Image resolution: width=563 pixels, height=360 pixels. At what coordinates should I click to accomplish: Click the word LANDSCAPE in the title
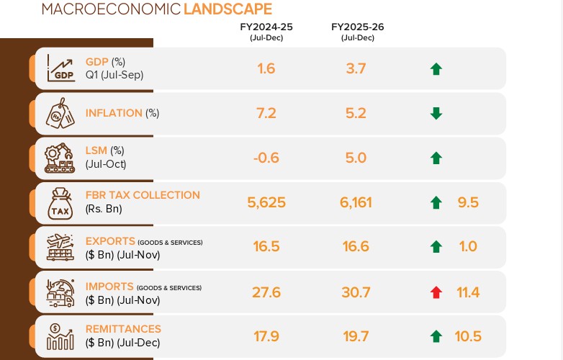coord(228,9)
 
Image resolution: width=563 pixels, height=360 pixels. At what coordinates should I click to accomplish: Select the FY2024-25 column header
coord(266,27)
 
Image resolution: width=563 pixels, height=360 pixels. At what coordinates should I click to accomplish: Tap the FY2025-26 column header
coord(357,27)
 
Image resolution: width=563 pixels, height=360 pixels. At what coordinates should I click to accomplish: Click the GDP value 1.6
coord(266,68)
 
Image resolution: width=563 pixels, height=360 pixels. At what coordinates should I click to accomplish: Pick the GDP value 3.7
coord(356,68)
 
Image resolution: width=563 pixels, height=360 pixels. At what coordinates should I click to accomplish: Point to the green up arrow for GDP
coord(436,69)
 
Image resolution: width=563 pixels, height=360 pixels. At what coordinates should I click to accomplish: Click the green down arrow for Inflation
coord(436,113)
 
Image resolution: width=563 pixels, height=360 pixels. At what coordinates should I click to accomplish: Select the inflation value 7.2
coord(266,113)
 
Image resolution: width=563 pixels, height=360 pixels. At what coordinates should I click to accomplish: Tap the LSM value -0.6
coord(266,158)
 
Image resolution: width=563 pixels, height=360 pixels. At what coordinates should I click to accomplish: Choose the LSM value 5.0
coord(356,158)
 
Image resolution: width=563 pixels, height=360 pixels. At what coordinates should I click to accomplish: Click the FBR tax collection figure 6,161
coord(356,202)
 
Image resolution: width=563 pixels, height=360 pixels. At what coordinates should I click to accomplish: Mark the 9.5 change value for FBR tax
coord(468,202)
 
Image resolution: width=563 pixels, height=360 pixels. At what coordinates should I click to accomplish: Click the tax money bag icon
coord(60,202)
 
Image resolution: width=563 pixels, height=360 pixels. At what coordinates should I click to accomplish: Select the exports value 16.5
coord(266,247)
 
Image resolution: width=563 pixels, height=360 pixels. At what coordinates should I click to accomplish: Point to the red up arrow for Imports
coord(436,292)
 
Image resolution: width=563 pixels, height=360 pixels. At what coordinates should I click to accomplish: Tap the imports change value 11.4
coord(468,292)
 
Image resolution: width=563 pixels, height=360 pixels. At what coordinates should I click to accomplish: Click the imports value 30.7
coord(356,292)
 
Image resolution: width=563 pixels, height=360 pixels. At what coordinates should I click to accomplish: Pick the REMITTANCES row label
coord(123,329)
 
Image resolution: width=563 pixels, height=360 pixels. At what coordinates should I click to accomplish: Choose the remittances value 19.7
coord(356,336)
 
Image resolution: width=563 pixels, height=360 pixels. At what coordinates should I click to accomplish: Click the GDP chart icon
coord(60,68)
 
